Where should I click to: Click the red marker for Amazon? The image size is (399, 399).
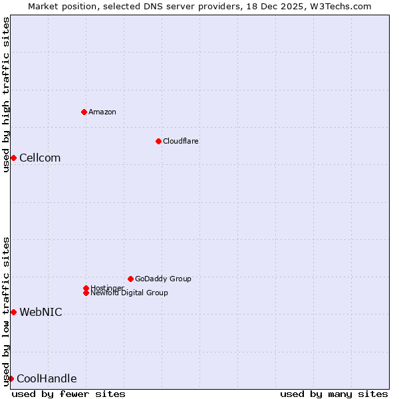point(84,112)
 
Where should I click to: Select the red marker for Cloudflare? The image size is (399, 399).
point(158,141)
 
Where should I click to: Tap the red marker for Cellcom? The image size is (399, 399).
point(13,158)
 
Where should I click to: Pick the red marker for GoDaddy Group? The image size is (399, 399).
point(130,279)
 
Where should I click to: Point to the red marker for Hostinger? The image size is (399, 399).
point(86,288)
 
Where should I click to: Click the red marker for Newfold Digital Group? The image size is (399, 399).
point(86,293)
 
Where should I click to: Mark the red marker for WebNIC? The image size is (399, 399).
point(13,312)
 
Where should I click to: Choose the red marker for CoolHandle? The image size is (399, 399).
point(11,378)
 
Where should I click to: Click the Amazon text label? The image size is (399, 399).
point(102,112)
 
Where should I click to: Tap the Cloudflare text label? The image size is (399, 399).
point(181,141)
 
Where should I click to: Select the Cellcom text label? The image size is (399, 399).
point(40,158)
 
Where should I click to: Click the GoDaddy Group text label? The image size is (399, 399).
point(163,279)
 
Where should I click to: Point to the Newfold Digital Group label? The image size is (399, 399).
point(130,293)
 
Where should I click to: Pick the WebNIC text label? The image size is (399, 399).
point(41,312)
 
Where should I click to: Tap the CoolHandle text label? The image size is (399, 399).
point(47,379)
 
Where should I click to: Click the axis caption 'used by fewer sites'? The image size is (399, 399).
point(68,394)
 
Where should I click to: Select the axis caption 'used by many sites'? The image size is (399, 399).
point(334,394)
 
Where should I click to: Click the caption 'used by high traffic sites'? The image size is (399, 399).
point(6,94)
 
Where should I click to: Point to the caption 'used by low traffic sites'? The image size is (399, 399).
point(6,311)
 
